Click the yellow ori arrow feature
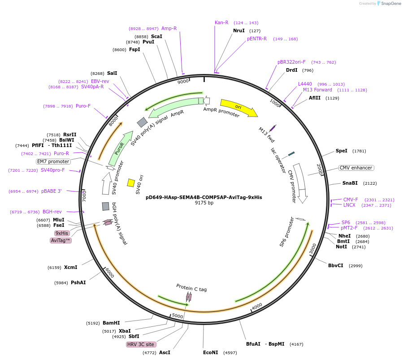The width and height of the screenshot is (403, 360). (238, 108)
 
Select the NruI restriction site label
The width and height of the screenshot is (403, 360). (239, 31)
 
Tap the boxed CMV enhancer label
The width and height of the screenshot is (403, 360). (356, 168)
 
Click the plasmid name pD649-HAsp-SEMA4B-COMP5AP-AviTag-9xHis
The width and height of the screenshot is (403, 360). (204, 197)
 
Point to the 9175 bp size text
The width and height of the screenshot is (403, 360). (204, 203)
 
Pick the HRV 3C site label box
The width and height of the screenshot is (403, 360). (141, 344)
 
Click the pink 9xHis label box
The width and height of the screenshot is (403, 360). (62, 233)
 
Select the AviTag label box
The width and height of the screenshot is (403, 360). (61, 240)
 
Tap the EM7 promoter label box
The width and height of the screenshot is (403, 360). (53, 161)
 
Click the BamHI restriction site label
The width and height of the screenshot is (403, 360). (111, 323)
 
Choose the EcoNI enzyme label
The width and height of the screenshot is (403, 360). (210, 352)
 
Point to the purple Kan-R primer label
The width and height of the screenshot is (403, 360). (221, 22)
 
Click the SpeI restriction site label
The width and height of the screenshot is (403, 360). (342, 151)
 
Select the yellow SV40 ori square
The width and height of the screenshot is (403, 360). (131, 182)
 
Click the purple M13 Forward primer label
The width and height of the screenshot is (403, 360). (317, 90)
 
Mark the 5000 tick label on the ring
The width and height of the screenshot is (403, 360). (178, 316)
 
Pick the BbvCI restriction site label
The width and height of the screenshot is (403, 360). (336, 265)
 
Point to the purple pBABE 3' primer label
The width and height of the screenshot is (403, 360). (52, 191)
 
